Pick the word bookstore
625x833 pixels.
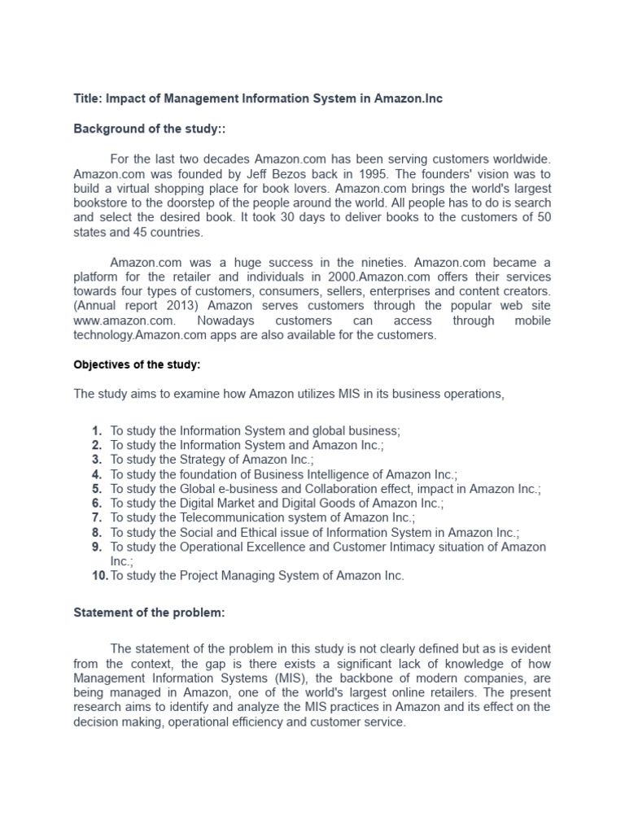click(100, 203)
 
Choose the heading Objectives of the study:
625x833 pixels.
click(137, 364)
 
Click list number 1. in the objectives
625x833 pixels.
click(96, 430)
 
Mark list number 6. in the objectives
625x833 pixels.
click(96, 504)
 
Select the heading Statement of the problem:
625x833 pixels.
click(149, 613)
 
